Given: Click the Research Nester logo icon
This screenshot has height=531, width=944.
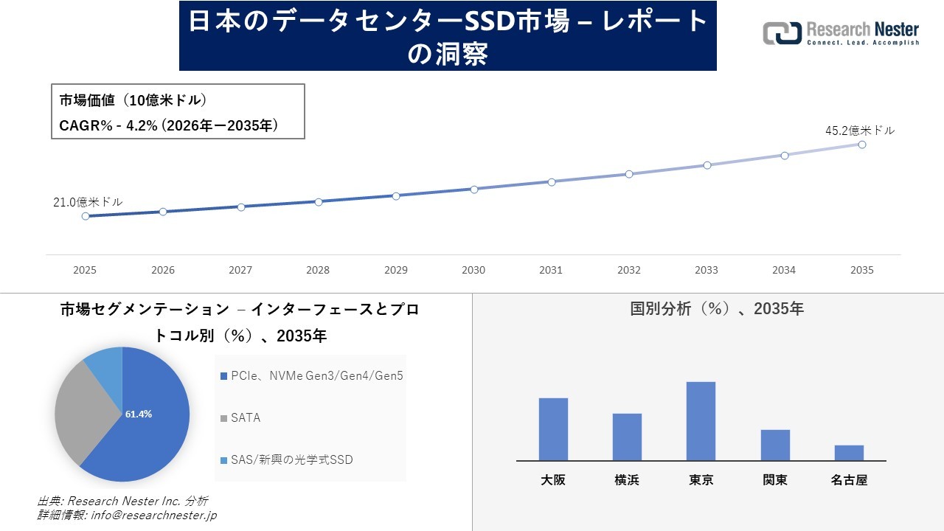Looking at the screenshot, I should coord(782,33).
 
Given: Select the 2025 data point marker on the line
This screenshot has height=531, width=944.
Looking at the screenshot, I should coord(86,216).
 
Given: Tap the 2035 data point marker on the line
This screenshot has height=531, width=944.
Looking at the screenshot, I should coord(861,145).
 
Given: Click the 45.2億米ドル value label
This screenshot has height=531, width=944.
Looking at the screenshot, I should coord(859,131).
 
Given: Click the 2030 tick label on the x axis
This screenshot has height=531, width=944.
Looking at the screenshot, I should coord(473,270).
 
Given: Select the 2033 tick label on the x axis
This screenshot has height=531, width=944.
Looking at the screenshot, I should coord(707,270).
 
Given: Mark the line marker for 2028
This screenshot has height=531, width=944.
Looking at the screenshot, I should coord(319,201).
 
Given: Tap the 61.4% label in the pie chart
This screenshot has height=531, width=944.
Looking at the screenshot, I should coord(139,414).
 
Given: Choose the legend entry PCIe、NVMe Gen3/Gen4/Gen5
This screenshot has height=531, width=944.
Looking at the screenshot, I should coord(316,376).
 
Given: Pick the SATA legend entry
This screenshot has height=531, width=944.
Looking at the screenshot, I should coord(245,418).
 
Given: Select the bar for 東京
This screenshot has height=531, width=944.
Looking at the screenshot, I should coord(701,421).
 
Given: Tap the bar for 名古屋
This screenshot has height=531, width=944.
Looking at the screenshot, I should coord(849,453).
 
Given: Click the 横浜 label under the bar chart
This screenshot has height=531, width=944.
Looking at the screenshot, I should coord(627,480).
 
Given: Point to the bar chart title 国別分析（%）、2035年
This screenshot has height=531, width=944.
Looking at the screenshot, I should coord(717,309).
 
